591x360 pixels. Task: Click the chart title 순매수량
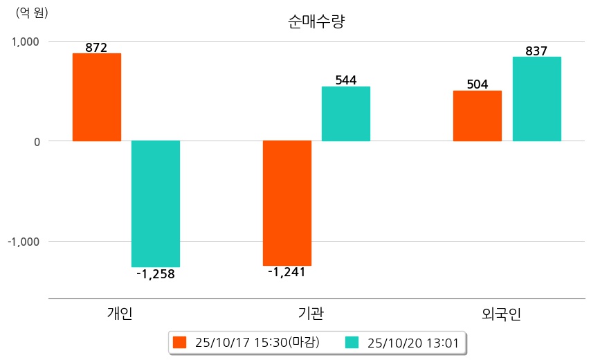pyautogui.click(x=316, y=21)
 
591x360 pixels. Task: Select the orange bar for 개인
pyautogui.click(x=97, y=97)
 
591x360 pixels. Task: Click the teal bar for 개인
pyautogui.click(x=156, y=204)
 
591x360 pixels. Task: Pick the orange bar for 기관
pyautogui.click(x=287, y=203)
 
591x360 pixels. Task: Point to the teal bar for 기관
pyautogui.click(x=346, y=114)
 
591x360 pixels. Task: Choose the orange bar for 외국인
pyautogui.click(x=478, y=116)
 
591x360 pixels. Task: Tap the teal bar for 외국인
pyautogui.click(x=537, y=99)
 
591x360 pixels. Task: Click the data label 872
pyautogui.click(x=96, y=48)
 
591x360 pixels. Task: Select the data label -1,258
pyautogui.click(x=156, y=274)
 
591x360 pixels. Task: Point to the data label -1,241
pyautogui.click(x=287, y=272)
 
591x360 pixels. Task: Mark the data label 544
pyautogui.click(x=346, y=80)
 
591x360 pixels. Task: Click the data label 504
pyautogui.click(x=478, y=84)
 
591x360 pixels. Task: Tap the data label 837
pyautogui.click(x=536, y=51)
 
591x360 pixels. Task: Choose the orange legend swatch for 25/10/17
pyautogui.click(x=180, y=342)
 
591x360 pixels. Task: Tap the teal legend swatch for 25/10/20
pyautogui.click(x=352, y=342)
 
